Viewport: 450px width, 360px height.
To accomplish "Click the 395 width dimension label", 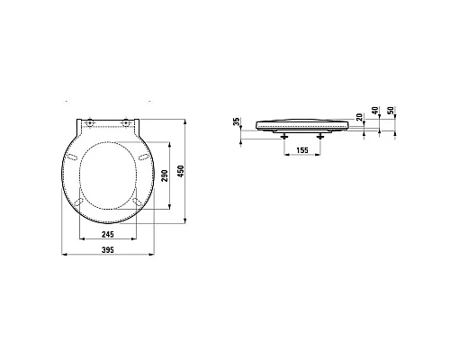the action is [x=108, y=249].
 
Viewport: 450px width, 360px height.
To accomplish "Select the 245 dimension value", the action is [x=108, y=234].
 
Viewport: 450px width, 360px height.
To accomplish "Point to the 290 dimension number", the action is [x=165, y=175].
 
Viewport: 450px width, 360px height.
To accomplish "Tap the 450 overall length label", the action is [x=181, y=171].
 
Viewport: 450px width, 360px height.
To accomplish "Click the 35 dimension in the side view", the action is [x=237, y=121].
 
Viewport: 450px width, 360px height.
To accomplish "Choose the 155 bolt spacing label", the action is [x=302, y=150].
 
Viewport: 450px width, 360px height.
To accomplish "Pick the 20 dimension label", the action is [x=359, y=117].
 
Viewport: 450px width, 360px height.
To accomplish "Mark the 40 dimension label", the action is [x=375, y=111].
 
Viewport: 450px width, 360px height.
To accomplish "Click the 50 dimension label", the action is [x=391, y=111].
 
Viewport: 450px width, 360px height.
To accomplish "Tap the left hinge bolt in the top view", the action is [x=89, y=122].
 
